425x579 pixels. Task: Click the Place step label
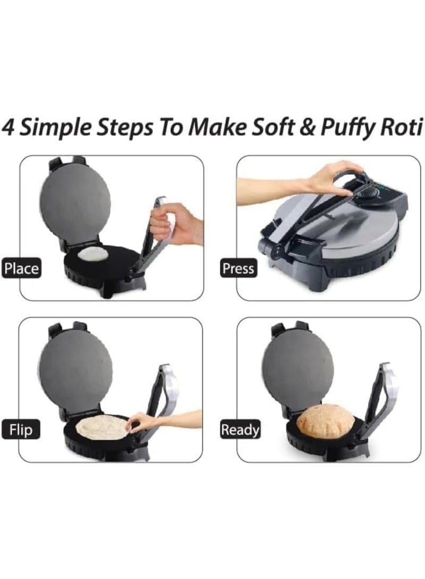[x=21, y=268]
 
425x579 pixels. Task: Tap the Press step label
[x=238, y=268]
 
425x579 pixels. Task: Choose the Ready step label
[x=241, y=429]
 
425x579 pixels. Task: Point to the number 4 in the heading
[x=9, y=129]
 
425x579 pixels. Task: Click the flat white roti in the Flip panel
[x=103, y=427]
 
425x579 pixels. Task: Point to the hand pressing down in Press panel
[x=329, y=178]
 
